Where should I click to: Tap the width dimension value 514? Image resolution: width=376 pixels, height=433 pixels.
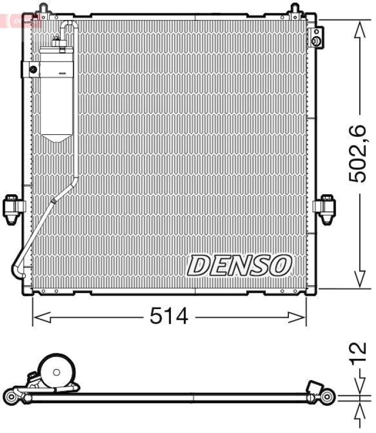point(169,316)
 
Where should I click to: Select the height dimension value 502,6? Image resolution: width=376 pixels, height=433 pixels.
point(358,154)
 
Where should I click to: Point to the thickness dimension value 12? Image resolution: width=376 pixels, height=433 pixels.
point(358,355)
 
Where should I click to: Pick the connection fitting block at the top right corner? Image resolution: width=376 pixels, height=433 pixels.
point(316,36)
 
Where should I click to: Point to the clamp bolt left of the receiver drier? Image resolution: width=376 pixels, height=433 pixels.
point(33,69)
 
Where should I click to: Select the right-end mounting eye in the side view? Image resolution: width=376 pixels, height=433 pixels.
point(327,396)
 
